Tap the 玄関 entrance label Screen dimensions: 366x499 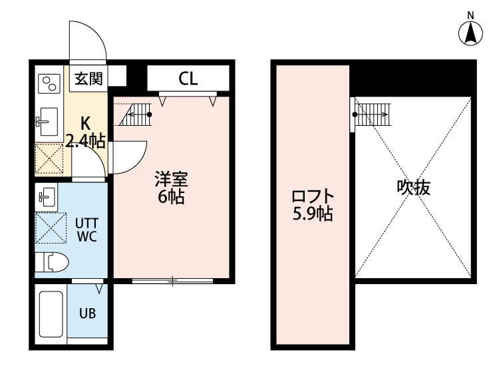tap(87, 79)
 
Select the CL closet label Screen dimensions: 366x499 tap(188, 79)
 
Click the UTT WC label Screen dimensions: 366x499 tap(87, 229)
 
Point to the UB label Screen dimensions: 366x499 tap(87, 313)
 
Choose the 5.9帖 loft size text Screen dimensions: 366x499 tap(312, 214)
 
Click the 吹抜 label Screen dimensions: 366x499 tap(414, 188)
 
